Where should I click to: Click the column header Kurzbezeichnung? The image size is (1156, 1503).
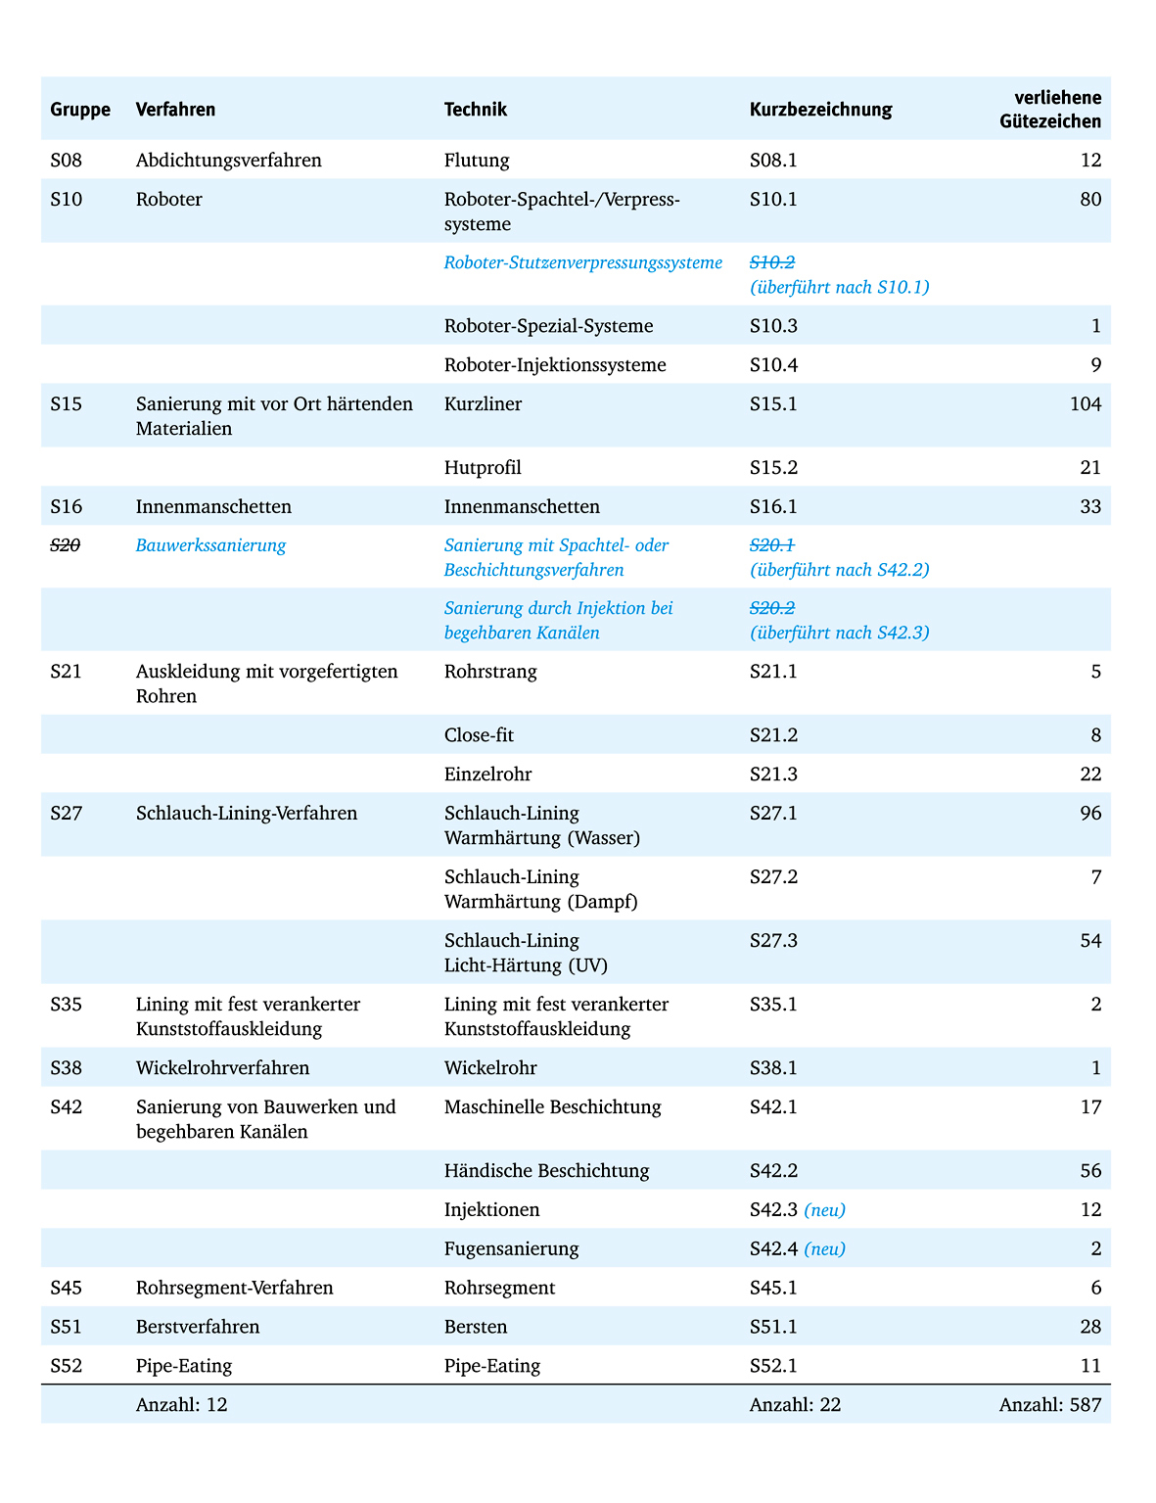[820, 110]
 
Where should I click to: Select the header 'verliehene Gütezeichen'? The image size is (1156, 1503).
[1050, 110]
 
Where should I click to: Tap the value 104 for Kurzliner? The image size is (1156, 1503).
[1085, 404]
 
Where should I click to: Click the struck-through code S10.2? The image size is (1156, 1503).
[772, 262]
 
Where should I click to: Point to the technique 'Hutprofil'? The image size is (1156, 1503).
[483, 468]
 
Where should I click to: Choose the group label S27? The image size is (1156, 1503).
[67, 814]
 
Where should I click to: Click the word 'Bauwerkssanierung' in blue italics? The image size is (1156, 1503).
[210, 545]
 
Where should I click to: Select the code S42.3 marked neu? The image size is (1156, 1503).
[773, 1210]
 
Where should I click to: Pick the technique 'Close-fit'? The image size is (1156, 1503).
[479, 735]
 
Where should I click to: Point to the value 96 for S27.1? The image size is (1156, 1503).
[1089, 814]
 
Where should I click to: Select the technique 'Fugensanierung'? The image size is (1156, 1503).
[511, 1249]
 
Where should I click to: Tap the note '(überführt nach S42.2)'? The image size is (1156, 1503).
[839, 570]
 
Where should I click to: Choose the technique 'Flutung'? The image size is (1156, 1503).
[477, 161]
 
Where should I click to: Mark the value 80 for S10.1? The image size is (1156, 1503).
[1089, 200]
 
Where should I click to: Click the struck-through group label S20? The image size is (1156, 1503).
[66, 545]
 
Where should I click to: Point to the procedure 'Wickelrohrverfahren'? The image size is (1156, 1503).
[222, 1068]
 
